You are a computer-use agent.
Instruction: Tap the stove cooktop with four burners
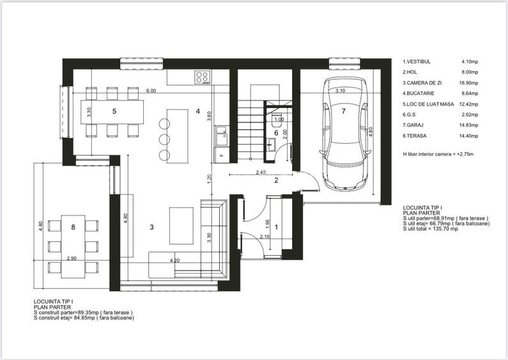point(203,77)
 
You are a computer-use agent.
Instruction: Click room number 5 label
point(114,111)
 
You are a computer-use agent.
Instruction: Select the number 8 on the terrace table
point(73,227)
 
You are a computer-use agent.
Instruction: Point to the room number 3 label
point(151,227)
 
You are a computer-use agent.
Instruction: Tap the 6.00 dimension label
point(151,91)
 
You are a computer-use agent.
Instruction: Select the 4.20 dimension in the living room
point(174,261)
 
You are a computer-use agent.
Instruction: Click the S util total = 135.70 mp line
point(431,228)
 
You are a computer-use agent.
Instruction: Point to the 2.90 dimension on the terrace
point(72,258)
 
